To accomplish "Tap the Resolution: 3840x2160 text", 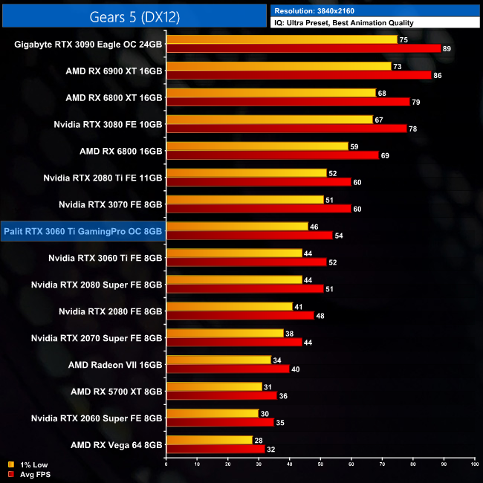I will pos(322,11).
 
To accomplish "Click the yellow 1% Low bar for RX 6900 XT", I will pos(279,66).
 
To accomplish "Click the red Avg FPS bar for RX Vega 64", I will pos(215,448).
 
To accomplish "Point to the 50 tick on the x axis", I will pos(320,464).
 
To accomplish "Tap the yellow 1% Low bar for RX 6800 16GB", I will pos(257,146).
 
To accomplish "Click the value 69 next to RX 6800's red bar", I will pos(384,155).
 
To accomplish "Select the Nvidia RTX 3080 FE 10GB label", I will pos(108,124).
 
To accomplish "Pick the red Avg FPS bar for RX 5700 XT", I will pos(221,395).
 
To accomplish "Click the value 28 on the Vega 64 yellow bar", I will pos(258,440).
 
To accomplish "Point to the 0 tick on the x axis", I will pos(166,464).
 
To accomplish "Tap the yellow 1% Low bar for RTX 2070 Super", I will pos(224,334).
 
